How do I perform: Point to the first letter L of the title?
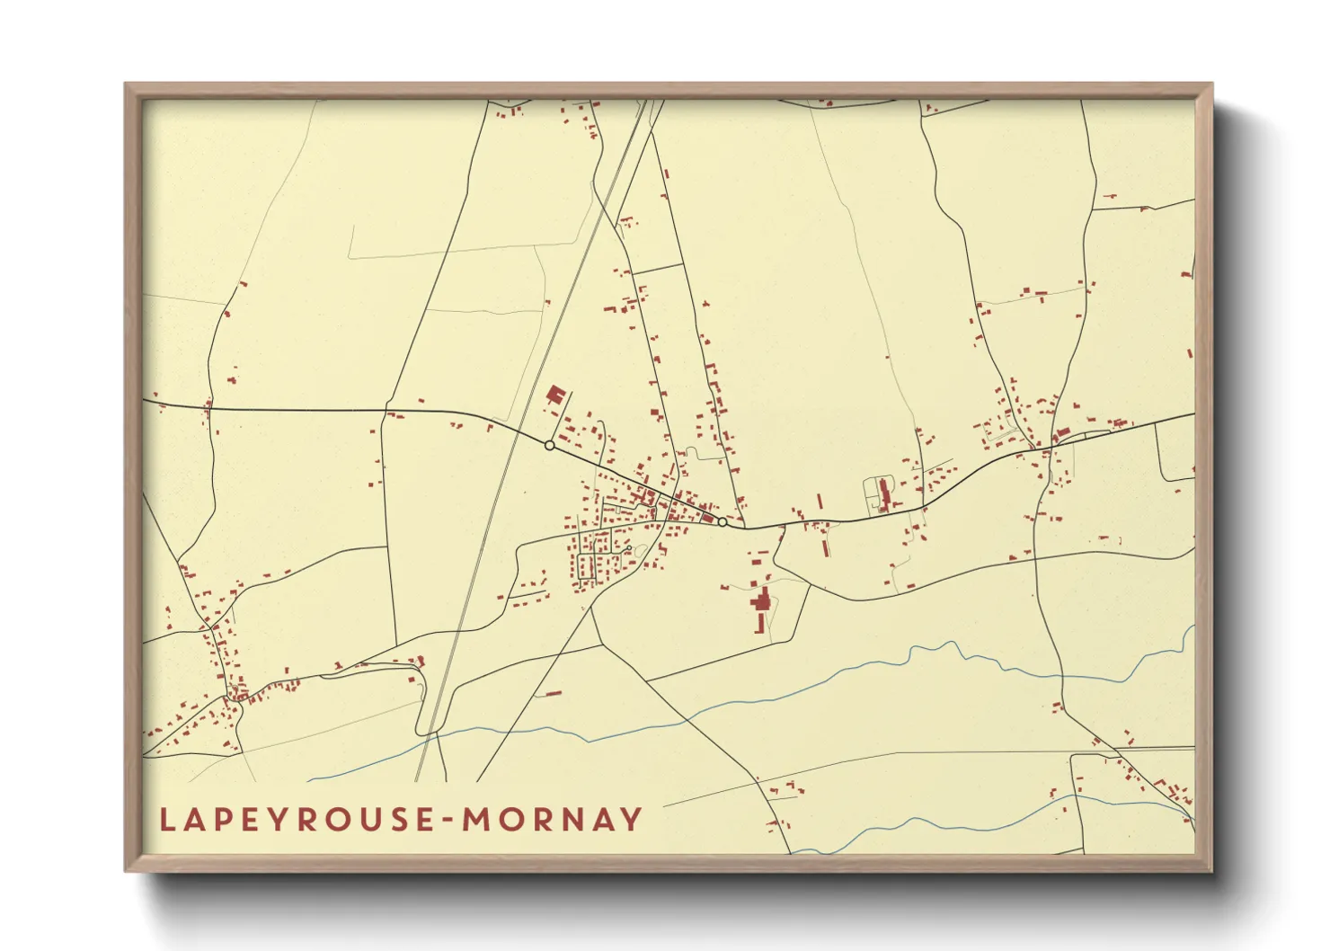click(166, 819)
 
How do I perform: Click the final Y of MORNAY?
click(634, 819)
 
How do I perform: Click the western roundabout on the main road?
click(549, 445)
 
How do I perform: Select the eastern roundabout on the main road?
click(722, 521)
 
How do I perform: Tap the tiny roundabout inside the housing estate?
click(639, 550)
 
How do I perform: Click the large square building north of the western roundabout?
click(555, 395)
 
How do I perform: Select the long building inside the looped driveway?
click(883, 495)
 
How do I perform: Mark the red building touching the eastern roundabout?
click(710, 518)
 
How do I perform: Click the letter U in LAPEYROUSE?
click(365, 819)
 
